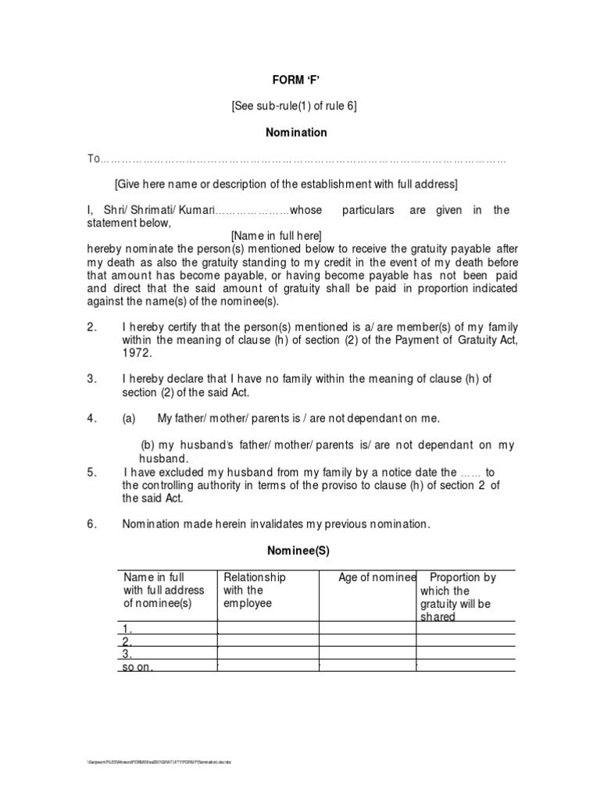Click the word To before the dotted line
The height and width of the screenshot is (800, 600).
coord(94,159)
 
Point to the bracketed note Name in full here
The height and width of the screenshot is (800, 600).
coord(276,236)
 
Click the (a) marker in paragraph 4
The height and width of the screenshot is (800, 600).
coord(129,418)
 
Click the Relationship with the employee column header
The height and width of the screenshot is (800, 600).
coord(255,591)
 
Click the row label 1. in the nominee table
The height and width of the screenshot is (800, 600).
coord(127,628)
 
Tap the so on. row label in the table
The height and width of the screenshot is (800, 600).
coord(137,667)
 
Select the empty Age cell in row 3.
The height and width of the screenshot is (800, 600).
coord(366,654)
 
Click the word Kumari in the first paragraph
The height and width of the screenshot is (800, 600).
coord(193,210)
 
